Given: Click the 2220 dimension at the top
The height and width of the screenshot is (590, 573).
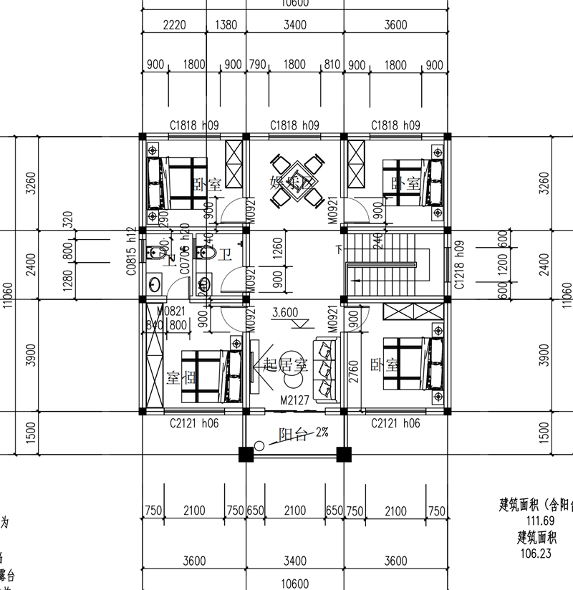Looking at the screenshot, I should tap(174, 25).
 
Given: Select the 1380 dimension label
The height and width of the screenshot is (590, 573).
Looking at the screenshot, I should tap(226, 25).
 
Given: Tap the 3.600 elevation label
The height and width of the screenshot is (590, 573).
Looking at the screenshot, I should tap(286, 313).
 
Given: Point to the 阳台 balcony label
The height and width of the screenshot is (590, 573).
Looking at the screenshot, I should tap(291, 434).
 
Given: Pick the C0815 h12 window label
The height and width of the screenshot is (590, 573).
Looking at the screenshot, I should tap(131, 252).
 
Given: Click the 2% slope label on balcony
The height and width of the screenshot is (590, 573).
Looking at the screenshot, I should tap(320, 433).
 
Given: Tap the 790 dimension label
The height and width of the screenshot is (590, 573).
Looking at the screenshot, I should tap(256, 65).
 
